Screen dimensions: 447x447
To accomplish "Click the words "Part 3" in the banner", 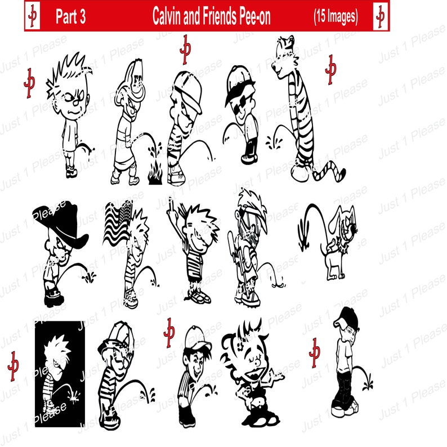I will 70,18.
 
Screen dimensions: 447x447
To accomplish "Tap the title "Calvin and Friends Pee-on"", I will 211,18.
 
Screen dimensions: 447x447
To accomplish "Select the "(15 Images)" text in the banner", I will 336,17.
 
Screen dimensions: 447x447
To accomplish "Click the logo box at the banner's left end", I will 32,17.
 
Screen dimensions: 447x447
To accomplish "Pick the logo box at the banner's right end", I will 381,17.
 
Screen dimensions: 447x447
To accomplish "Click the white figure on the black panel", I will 56,372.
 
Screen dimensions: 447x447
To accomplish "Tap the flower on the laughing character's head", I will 232,347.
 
